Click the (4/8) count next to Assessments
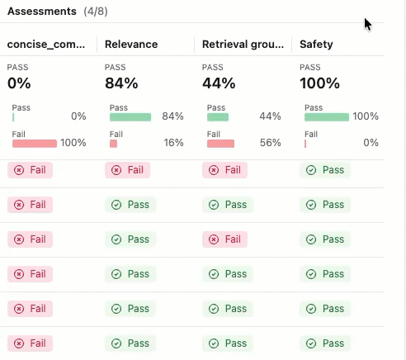point(97,12)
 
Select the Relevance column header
point(132,44)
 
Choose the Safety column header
point(317,44)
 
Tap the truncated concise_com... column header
point(47,44)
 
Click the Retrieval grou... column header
point(244,44)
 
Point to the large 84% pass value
point(122,83)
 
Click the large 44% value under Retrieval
point(219,83)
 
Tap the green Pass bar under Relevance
point(130,117)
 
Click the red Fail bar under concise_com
point(35,144)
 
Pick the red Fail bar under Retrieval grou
point(220,144)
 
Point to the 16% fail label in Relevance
point(173,143)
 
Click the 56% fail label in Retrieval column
point(271,143)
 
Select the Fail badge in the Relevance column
point(127,170)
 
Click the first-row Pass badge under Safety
point(325,170)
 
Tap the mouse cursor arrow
point(367,23)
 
